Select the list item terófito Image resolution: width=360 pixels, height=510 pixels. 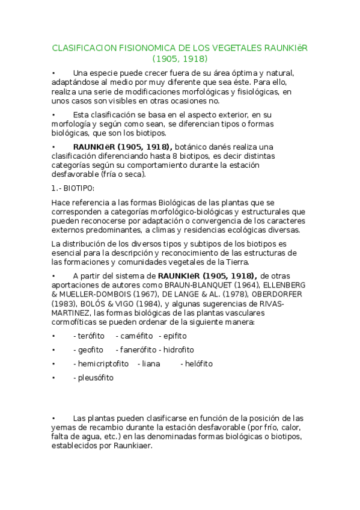(89, 336)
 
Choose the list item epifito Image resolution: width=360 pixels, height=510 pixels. (175, 336)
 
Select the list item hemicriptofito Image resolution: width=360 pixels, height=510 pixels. (101, 364)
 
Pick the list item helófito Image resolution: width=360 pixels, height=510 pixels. (198, 364)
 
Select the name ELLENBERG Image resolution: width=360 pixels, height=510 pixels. (282, 284)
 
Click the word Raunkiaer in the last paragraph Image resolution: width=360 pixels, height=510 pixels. (135, 447)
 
